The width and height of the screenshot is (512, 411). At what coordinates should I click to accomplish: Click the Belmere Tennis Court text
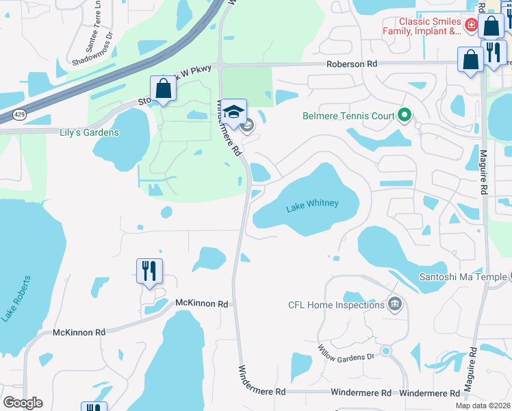click(x=349, y=116)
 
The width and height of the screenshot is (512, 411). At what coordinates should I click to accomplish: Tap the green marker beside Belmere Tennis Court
click(x=405, y=115)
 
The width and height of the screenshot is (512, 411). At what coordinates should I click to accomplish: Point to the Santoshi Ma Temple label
click(x=462, y=277)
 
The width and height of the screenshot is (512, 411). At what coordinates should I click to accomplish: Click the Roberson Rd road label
click(x=361, y=64)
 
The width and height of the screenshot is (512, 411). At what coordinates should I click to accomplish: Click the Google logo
click(x=23, y=402)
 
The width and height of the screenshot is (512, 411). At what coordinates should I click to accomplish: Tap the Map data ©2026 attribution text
click(x=483, y=406)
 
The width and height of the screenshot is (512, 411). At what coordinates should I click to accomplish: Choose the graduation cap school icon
click(x=233, y=112)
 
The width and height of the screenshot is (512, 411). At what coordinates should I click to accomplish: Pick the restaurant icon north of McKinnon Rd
click(x=149, y=271)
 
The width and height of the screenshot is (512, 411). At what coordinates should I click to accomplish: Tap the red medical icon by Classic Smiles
click(x=471, y=25)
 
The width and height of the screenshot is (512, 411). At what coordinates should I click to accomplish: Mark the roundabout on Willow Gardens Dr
click(x=385, y=351)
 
